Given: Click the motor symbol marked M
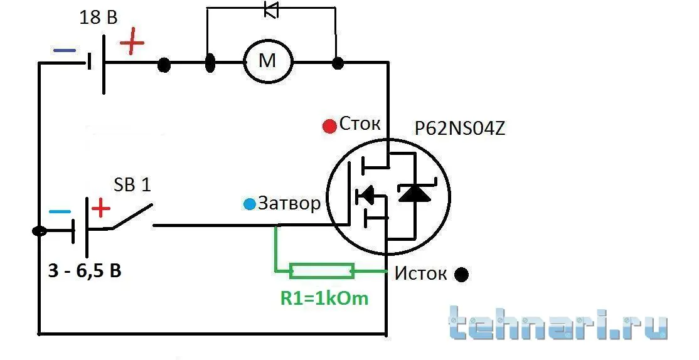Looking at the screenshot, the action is click(268, 61).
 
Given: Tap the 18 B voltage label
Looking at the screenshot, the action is click(99, 18).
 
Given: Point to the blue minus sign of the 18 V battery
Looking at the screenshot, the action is click(65, 51).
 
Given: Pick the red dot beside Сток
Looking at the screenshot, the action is click(329, 127).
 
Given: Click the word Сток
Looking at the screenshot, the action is click(360, 124).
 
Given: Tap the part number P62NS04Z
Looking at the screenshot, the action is click(460, 129).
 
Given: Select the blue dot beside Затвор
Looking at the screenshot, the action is click(250, 204).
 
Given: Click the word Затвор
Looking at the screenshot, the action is click(289, 203).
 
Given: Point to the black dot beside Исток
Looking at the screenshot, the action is click(461, 275).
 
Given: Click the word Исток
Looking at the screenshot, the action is click(420, 273).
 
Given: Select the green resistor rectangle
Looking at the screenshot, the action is click(322, 271).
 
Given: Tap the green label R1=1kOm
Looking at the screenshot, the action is click(324, 298).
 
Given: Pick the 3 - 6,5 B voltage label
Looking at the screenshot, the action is click(85, 270).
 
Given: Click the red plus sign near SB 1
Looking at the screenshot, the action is click(101, 208).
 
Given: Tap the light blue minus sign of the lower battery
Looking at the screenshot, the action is click(60, 212).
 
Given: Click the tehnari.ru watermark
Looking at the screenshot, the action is click(558, 323).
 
